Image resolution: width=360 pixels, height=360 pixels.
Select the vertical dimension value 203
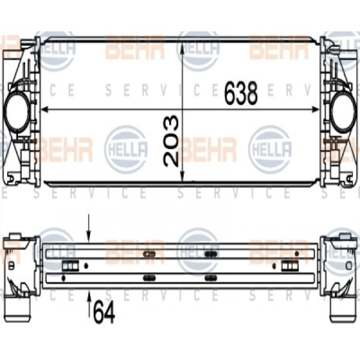(x=170, y=140)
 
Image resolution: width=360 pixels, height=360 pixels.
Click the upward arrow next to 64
(x=89, y=296)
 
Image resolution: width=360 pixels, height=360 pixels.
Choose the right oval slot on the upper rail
(x=210, y=254)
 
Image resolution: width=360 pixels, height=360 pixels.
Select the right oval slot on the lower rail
(x=210, y=278)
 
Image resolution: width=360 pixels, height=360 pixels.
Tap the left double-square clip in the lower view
(x=69, y=265)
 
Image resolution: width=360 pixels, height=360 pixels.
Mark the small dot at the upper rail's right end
(x=296, y=254)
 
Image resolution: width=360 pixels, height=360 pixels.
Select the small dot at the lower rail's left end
(x=63, y=278)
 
